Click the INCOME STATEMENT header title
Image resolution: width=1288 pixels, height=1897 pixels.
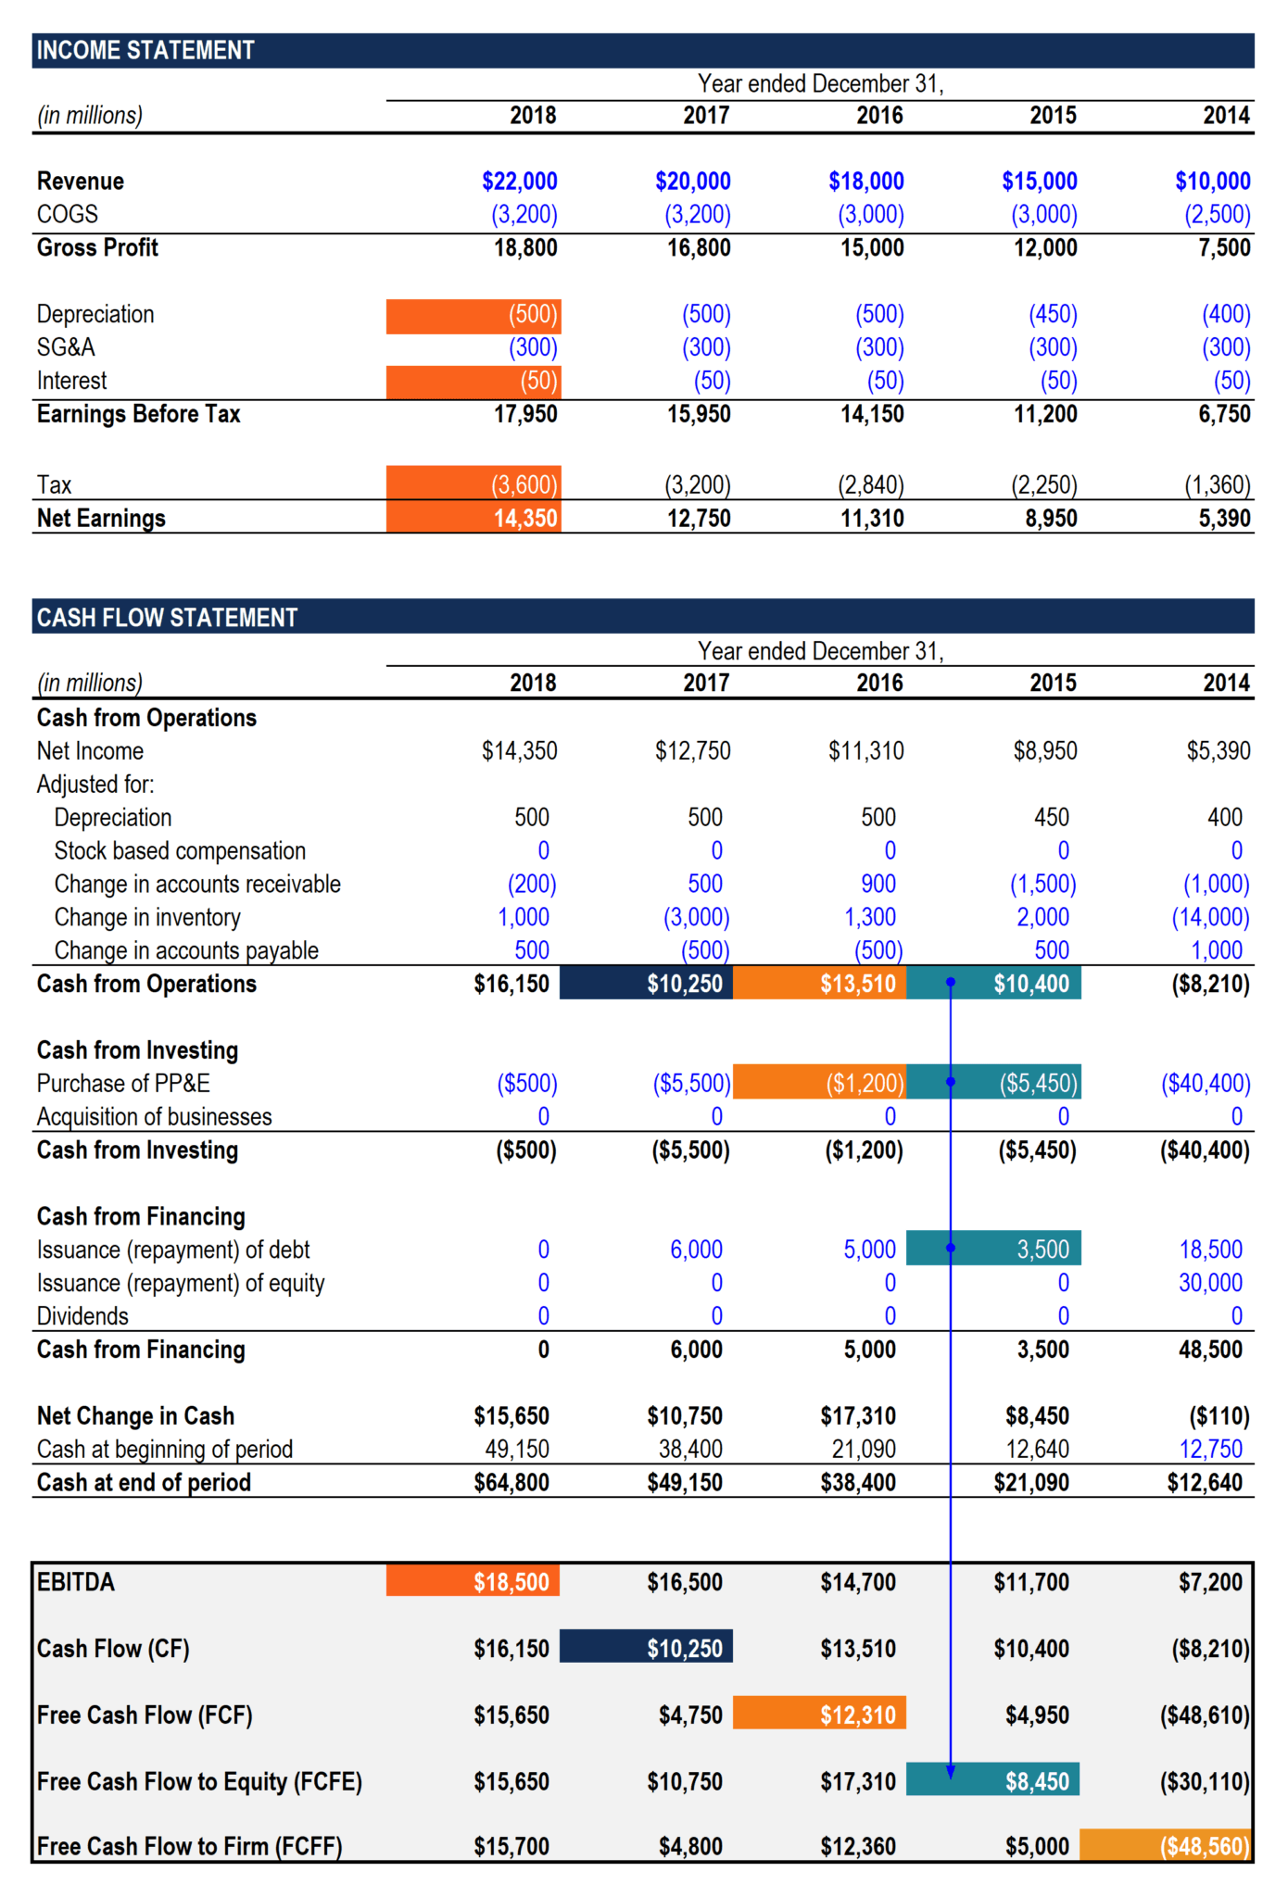[x=145, y=50]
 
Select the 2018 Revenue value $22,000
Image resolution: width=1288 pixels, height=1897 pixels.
[x=519, y=181]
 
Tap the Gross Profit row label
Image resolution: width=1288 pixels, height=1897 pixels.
[x=97, y=247]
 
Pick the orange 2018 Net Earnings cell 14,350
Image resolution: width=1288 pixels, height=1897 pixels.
[x=474, y=517]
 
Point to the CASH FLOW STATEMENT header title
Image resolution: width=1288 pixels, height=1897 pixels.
[x=167, y=617]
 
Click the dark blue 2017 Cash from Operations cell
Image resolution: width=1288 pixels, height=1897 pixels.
[x=646, y=983]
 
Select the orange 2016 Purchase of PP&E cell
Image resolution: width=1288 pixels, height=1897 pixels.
[x=819, y=1082]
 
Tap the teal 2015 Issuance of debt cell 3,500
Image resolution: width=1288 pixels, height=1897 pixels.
[x=993, y=1248]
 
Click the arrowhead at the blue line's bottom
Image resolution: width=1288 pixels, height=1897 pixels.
[x=950, y=1771]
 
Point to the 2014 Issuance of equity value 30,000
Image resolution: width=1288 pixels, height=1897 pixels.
[x=1209, y=1282]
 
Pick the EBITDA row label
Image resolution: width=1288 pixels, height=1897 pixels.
[x=76, y=1581]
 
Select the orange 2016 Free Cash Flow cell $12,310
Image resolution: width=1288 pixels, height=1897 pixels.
[x=819, y=1714]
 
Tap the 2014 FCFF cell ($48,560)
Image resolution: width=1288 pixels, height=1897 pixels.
[x=1166, y=1845]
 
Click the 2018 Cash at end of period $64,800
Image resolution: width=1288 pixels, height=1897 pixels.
[x=511, y=1482]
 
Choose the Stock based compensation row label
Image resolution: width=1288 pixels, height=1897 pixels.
[x=180, y=850]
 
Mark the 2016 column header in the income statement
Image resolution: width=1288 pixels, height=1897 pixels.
[x=879, y=115]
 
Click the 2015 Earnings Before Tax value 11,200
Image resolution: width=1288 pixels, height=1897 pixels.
[x=1045, y=413]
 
